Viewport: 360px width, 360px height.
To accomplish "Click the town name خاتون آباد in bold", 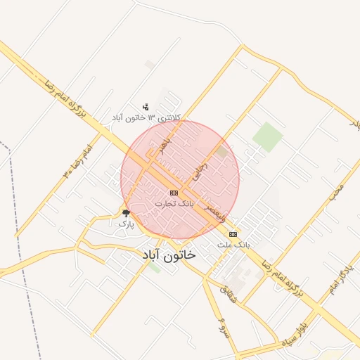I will coord(169,256).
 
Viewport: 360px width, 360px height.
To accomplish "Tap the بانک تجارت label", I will coord(174,203).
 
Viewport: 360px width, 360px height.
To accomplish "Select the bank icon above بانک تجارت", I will coord(174,193).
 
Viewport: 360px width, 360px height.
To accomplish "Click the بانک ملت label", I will coord(233,245).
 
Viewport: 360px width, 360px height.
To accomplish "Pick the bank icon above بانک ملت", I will coord(233,234).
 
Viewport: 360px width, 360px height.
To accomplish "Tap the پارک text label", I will coord(126,223).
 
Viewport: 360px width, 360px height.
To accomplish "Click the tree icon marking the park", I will coord(126,212).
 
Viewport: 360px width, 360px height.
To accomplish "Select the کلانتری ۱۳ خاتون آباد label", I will coord(148,117).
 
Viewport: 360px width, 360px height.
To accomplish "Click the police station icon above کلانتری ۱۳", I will coord(146,107).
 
